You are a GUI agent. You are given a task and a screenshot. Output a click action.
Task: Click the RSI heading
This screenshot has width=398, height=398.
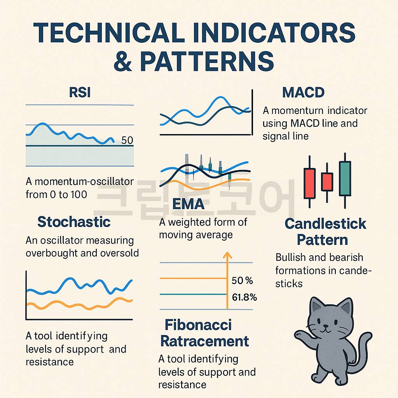(x=80, y=93)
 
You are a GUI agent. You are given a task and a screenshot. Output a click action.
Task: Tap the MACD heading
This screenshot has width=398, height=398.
(x=303, y=93)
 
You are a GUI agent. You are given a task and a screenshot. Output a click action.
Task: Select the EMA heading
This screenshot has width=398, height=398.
(x=189, y=204)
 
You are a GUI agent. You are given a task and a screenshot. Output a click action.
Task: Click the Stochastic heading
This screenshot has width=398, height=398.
(x=74, y=222)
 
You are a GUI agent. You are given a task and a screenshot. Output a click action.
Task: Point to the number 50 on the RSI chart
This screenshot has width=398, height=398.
(x=127, y=140)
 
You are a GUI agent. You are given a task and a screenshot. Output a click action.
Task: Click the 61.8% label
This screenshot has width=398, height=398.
(x=244, y=297)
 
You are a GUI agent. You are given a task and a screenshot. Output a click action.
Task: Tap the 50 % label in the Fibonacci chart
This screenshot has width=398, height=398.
(x=242, y=281)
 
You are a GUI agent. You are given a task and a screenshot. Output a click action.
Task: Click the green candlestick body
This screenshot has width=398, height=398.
(x=345, y=179)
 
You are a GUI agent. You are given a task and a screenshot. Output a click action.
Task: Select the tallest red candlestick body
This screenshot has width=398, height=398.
(x=309, y=183)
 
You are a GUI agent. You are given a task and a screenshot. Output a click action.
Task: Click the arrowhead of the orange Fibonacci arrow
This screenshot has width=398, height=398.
(x=227, y=255)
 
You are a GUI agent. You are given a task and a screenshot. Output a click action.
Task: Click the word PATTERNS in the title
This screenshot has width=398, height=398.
(x=207, y=61)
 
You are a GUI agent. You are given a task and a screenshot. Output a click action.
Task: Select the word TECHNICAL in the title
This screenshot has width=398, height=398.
(x=109, y=33)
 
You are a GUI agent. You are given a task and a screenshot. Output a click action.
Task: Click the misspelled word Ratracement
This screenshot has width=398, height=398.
(x=204, y=341)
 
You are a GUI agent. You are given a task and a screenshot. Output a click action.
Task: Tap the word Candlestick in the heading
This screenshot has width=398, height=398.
(x=325, y=223)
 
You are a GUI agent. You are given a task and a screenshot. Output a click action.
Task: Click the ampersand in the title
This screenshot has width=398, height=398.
(x=123, y=61)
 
